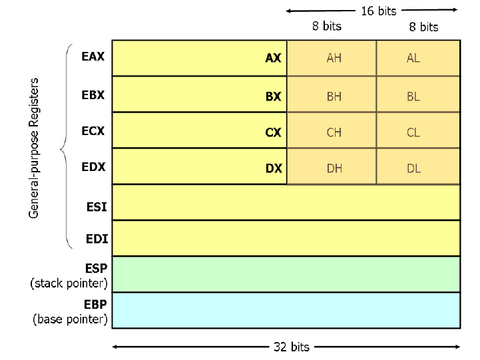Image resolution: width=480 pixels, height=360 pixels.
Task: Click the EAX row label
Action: (93, 57)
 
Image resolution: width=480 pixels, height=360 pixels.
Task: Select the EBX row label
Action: (93, 94)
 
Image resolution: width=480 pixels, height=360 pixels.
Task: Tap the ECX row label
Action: (93, 131)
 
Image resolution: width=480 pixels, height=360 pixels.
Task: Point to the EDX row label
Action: (93, 167)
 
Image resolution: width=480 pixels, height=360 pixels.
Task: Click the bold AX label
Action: (273, 59)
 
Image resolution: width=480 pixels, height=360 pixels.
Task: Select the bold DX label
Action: (274, 169)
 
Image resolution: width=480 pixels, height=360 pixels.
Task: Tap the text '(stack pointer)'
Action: (69, 284)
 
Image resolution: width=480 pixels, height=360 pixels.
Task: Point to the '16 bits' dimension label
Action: (378, 11)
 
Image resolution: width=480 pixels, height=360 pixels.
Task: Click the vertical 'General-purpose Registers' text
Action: (35, 148)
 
